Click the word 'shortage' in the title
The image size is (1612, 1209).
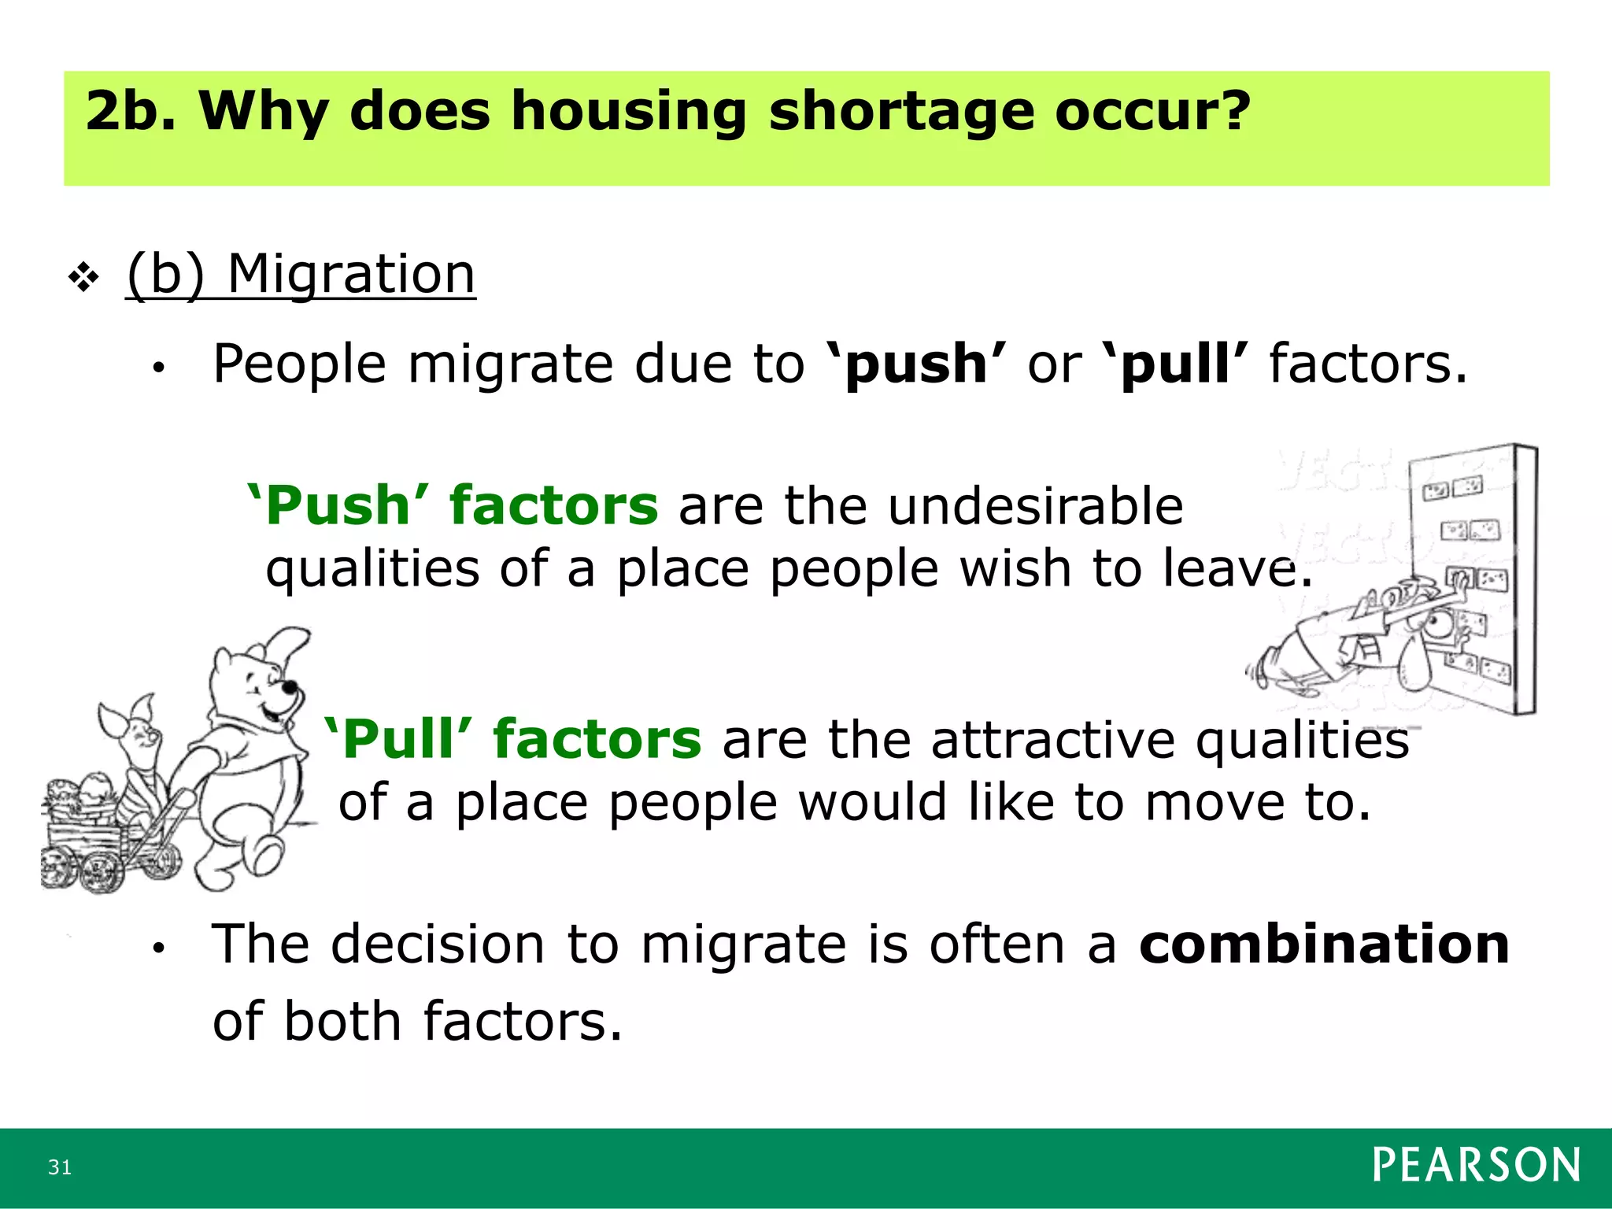click(901, 111)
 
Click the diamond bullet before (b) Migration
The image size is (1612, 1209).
click(83, 277)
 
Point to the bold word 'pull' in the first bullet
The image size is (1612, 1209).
click(1175, 364)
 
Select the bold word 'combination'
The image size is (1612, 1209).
click(1324, 944)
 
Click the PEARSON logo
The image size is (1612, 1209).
click(1476, 1166)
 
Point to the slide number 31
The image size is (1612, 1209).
click(60, 1167)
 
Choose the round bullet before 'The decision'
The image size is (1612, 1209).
click(158, 948)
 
